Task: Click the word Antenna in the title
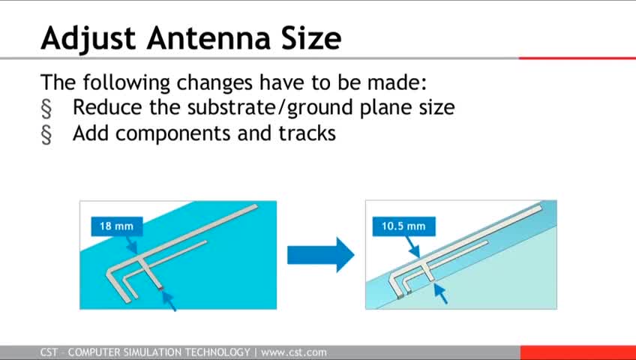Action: click(209, 38)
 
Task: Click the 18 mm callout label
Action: click(117, 226)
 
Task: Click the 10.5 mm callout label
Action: click(404, 226)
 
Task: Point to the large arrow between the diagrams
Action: click(321, 255)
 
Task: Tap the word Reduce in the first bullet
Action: click(108, 107)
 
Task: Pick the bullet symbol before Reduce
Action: click(46, 109)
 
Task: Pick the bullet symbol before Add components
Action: click(46, 134)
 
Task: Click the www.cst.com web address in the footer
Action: click(294, 352)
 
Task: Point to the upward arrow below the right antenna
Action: click(440, 293)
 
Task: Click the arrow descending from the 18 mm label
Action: click(131, 244)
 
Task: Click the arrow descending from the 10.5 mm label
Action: click(413, 247)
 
